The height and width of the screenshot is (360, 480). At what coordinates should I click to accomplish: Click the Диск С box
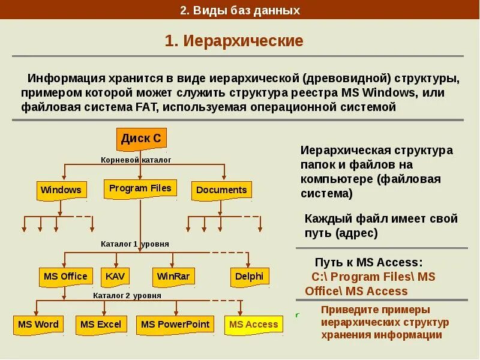pyautogui.click(x=141, y=139)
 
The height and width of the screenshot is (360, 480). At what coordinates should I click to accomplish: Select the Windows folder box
pyautogui.click(x=61, y=190)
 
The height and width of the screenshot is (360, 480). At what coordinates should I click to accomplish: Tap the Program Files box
pyautogui.click(x=140, y=188)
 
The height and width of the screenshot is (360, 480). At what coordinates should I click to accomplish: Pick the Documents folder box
pyautogui.click(x=221, y=190)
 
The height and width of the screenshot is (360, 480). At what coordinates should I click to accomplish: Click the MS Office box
pyautogui.click(x=65, y=277)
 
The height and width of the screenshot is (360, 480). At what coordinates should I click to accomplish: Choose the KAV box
pyautogui.click(x=114, y=277)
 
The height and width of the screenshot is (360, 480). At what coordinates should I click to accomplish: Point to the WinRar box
pyautogui.click(x=173, y=277)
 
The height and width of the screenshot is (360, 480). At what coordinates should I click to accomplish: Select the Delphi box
pyautogui.click(x=249, y=277)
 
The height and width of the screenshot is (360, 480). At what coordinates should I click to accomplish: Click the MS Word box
pyautogui.click(x=38, y=325)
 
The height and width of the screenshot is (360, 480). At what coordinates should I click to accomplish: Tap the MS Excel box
pyautogui.click(x=101, y=325)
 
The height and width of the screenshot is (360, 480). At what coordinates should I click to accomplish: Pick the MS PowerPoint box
pyautogui.click(x=175, y=325)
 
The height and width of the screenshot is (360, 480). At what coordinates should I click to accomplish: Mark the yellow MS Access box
pyautogui.click(x=254, y=325)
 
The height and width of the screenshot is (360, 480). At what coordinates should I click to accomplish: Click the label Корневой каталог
pyautogui.click(x=136, y=160)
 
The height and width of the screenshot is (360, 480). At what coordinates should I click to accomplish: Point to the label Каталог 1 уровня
pyautogui.click(x=135, y=244)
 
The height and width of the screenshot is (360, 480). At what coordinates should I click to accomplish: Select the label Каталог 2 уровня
pyautogui.click(x=127, y=296)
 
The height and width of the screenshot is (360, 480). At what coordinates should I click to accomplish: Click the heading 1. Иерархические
pyautogui.click(x=234, y=41)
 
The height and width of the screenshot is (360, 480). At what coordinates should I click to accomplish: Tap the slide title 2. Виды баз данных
pyautogui.click(x=239, y=10)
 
